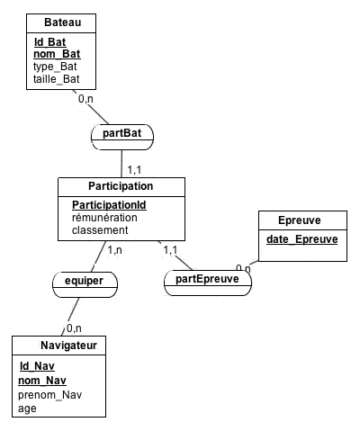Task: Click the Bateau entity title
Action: click(63, 22)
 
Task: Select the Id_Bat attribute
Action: click(49, 42)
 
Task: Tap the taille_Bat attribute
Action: click(57, 79)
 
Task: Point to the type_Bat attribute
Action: click(55, 67)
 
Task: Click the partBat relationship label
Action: click(121, 133)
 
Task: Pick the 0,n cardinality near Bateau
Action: click(85, 99)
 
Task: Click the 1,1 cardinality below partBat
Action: click(134, 170)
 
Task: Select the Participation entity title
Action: click(121, 186)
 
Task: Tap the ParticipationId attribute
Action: click(109, 205)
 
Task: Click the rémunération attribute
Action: click(104, 218)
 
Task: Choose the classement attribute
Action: click(100, 230)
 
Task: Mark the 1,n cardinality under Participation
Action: click(115, 250)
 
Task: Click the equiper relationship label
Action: click(84, 281)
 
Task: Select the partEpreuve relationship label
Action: click(207, 279)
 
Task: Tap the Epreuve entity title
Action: click(300, 220)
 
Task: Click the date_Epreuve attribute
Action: click(302, 239)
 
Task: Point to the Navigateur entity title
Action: click(68, 346)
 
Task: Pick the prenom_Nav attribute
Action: click(49, 395)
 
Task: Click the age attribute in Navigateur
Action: click(27, 409)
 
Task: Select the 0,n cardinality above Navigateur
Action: click(74, 328)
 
